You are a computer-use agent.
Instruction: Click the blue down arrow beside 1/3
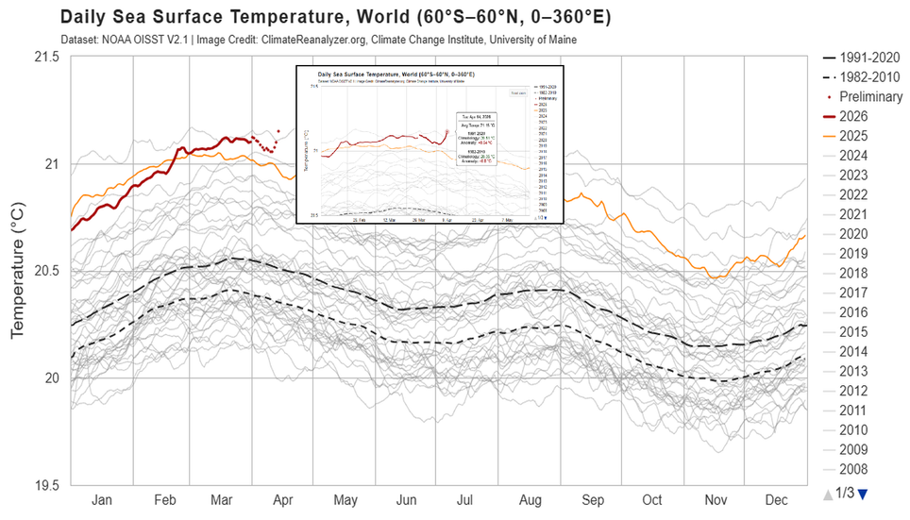(x=862, y=493)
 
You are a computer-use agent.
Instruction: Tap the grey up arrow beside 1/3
(x=828, y=493)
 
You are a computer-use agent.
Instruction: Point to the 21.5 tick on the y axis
(x=44, y=58)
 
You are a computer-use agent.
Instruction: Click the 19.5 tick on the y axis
(x=44, y=486)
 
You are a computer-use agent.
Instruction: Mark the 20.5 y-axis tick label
(x=44, y=272)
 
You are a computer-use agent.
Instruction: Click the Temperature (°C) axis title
(x=17, y=272)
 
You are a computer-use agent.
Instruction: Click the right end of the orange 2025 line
(x=805, y=236)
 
